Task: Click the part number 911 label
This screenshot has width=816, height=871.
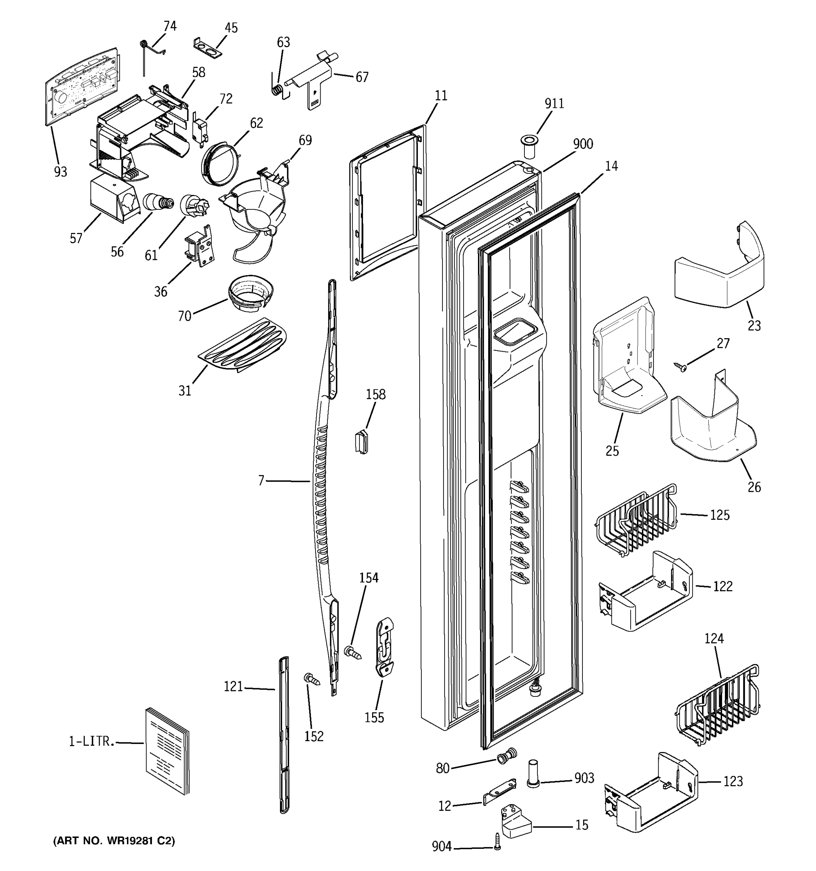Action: pos(554,104)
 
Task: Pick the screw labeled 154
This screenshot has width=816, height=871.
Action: pos(353,653)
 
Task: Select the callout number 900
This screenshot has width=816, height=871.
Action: pos(583,144)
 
